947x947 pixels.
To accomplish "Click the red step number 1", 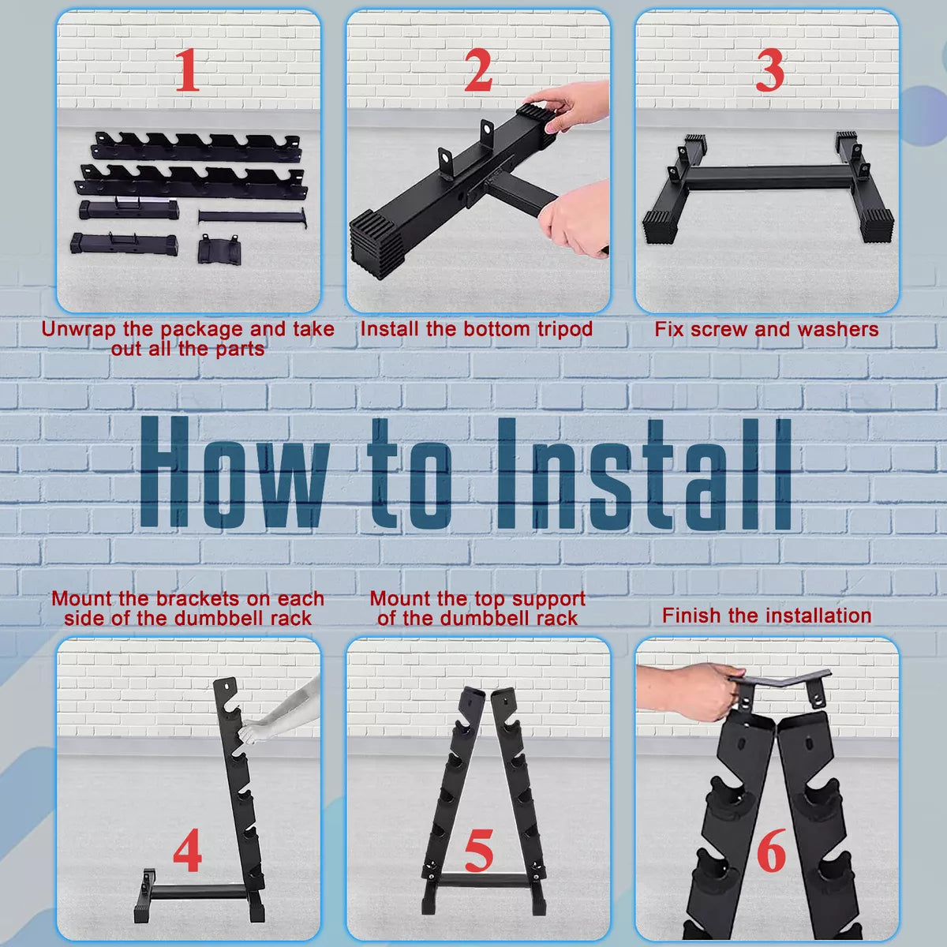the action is click(x=188, y=69).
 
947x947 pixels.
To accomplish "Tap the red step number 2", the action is click(x=477, y=69).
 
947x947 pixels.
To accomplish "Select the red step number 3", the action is click(x=769, y=69).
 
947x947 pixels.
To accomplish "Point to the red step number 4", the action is click(x=187, y=850).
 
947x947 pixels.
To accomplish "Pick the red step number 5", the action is click(x=479, y=850).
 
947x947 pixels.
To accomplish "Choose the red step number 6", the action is click(x=771, y=850).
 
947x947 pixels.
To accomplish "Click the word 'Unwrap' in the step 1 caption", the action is click(x=80, y=330).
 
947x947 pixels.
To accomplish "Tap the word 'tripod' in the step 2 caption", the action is click(x=565, y=330).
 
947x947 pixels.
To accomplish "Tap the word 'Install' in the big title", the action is click(x=644, y=473).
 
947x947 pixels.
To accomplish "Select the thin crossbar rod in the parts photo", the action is click(x=253, y=217).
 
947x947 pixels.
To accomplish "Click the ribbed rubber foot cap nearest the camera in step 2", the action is click(x=376, y=243).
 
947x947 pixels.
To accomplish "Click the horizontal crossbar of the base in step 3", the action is click(x=769, y=177).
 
